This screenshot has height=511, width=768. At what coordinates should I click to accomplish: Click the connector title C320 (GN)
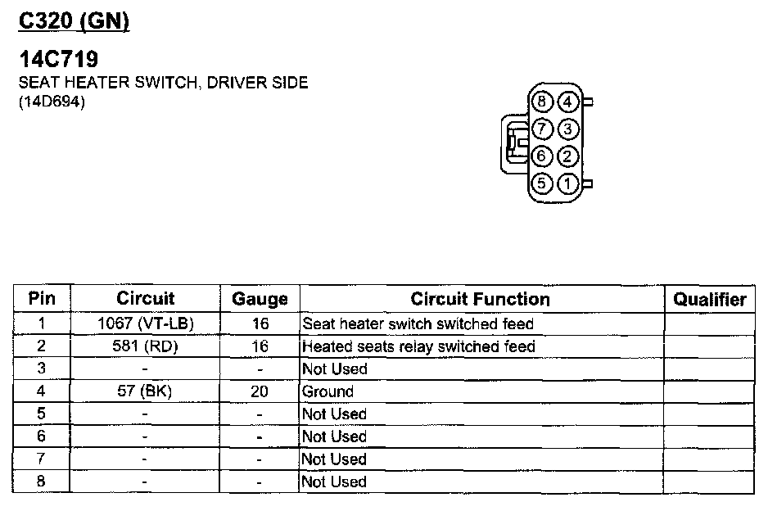(74, 22)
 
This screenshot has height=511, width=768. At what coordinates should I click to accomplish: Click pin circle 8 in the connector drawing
(542, 102)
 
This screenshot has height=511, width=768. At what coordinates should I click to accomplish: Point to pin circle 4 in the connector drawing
(568, 102)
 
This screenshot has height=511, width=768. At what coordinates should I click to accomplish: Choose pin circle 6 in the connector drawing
(542, 156)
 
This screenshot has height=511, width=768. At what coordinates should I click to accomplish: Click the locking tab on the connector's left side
(513, 143)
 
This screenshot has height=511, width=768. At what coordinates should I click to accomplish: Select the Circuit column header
(146, 299)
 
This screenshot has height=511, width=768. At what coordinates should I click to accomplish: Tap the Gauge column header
(260, 299)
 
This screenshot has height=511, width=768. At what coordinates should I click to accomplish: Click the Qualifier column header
(709, 299)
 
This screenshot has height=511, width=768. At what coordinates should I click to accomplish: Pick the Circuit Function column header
(480, 299)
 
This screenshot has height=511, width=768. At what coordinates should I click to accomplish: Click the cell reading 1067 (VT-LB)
(146, 323)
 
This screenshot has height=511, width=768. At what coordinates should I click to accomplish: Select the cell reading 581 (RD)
(146, 346)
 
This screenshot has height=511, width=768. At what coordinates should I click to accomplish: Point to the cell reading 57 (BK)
(146, 391)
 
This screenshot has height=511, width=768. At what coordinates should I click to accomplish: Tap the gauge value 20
(260, 391)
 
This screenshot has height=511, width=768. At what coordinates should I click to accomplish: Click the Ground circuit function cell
(328, 391)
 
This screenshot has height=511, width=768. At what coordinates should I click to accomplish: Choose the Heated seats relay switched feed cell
(418, 346)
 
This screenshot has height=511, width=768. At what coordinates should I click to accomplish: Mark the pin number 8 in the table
(42, 482)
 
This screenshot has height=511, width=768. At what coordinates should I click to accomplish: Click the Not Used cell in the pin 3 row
(334, 369)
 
